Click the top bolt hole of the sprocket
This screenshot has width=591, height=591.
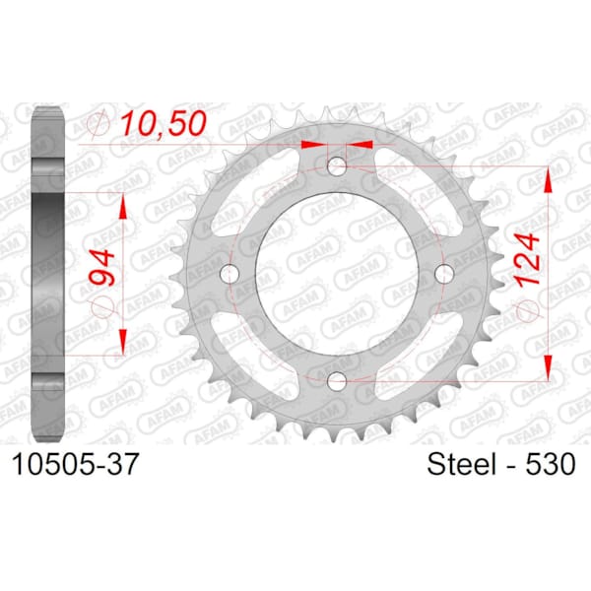click(x=337, y=165)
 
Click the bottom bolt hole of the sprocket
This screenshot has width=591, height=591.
click(x=337, y=381)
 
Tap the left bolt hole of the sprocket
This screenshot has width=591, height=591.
click(x=230, y=274)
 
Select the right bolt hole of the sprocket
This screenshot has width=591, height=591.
click(x=444, y=274)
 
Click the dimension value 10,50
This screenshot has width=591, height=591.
click(x=164, y=123)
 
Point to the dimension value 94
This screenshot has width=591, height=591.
click(x=101, y=267)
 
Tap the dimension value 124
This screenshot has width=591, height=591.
click(x=528, y=260)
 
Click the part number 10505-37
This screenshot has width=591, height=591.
click(x=76, y=464)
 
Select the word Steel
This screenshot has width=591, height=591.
click(x=461, y=464)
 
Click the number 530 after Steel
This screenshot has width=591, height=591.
click(x=551, y=464)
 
